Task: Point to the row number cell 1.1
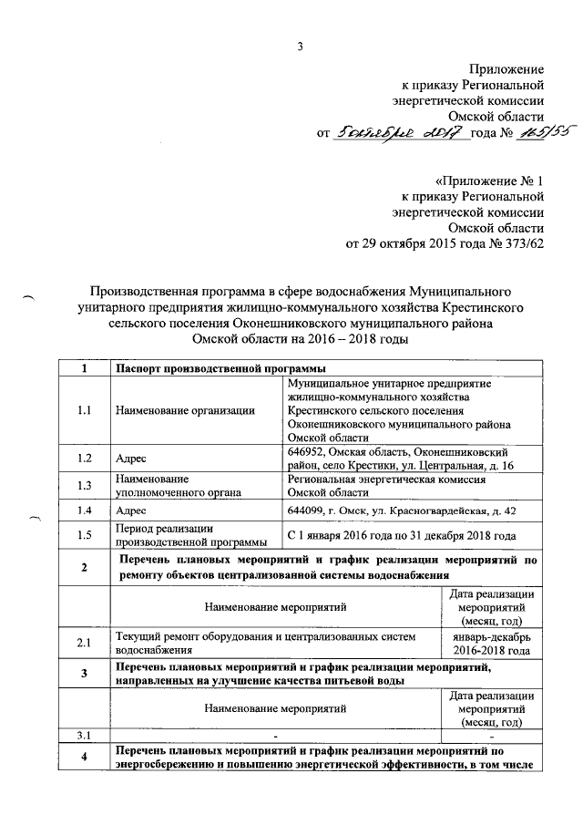84,410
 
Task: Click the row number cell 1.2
84,459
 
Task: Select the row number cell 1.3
84,485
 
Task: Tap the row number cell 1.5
84,536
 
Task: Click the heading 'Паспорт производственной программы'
220,368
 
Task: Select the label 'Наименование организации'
185,410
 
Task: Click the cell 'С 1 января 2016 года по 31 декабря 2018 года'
401,536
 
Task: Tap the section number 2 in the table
84,569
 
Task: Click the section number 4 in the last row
84,758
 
